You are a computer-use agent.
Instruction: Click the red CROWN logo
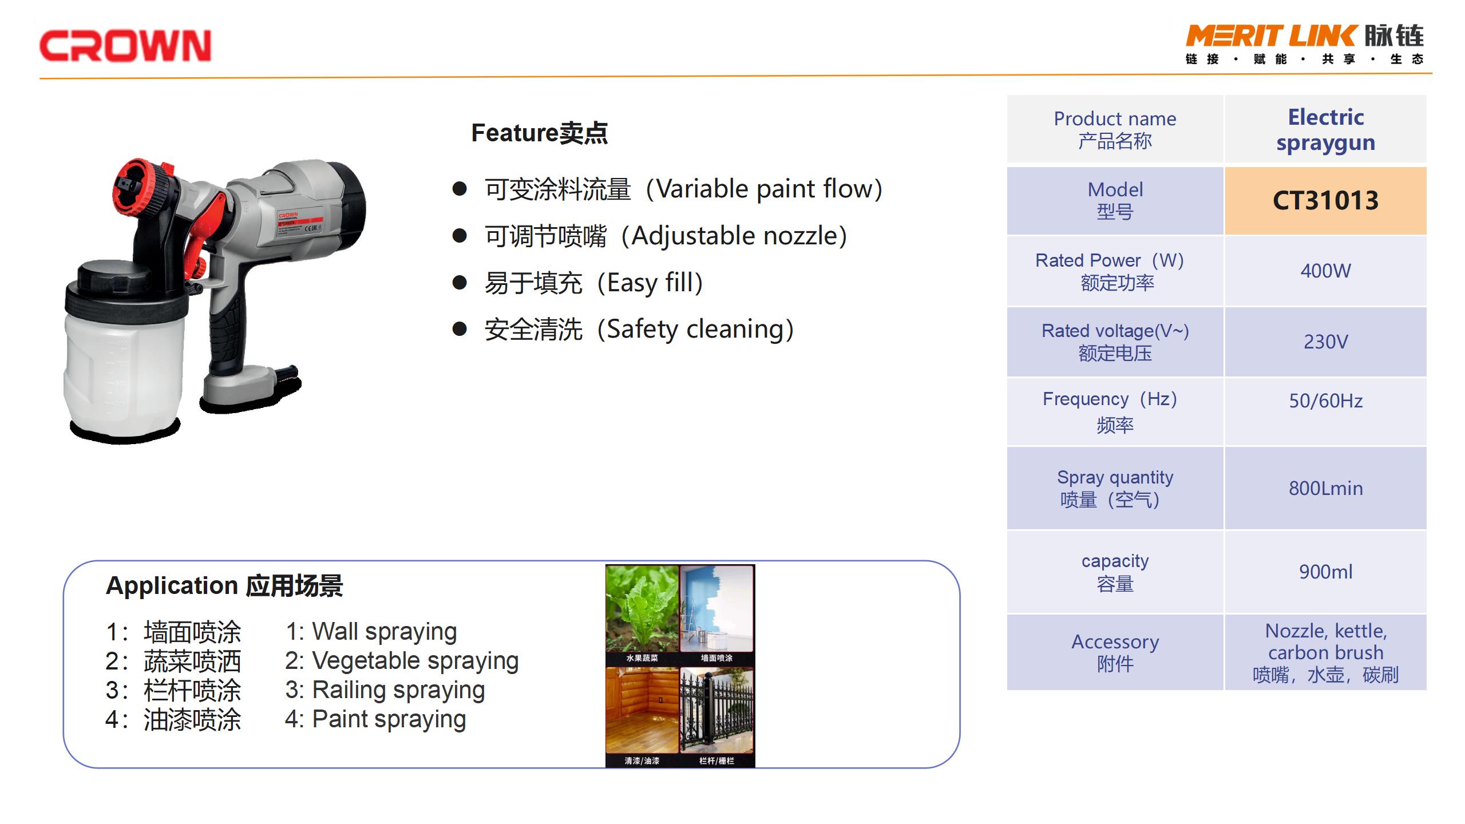(x=125, y=46)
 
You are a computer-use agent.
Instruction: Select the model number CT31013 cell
(x=1325, y=201)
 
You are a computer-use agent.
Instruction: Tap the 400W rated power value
(x=1325, y=271)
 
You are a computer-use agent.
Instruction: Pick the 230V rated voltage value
(x=1325, y=342)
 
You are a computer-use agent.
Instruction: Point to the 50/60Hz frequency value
(x=1325, y=401)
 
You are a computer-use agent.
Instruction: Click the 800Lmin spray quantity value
(x=1325, y=488)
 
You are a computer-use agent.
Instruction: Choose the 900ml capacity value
(x=1325, y=571)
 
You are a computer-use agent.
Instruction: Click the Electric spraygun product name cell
(x=1325, y=129)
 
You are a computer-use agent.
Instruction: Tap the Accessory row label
(x=1115, y=652)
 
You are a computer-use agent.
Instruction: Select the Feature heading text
(x=539, y=133)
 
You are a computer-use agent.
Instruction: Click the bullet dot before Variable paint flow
(x=460, y=188)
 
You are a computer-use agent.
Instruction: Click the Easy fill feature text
(x=649, y=283)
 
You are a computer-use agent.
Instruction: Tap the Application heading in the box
(x=224, y=586)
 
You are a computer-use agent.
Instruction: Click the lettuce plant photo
(x=642, y=609)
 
